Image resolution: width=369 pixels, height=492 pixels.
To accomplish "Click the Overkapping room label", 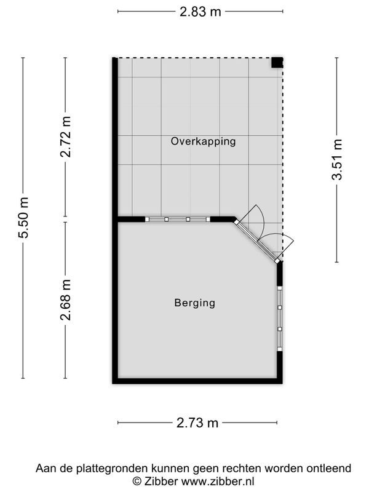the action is [x=203, y=141].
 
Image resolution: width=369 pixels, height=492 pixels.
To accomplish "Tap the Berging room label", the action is [x=195, y=303].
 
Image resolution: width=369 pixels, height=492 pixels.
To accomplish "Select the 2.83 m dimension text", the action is [x=200, y=12].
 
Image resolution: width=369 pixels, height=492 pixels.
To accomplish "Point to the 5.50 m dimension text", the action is [x=23, y=218].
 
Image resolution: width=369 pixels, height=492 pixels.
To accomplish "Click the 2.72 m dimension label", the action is [x=66, y=137].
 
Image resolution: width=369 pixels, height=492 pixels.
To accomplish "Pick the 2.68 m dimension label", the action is [x=66, y=300].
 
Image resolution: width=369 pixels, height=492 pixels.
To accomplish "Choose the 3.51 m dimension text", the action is [x=337, y=159].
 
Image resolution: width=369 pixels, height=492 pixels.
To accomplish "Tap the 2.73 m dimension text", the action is [x=197, y=423].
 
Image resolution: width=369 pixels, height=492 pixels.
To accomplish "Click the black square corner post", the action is [x=277, y=63].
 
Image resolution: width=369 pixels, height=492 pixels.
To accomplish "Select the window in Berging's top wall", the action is [x=178, y=220].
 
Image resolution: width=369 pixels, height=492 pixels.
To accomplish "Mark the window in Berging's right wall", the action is [x=280, y=318].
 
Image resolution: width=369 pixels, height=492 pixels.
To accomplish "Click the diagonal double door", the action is [x=257, y=241].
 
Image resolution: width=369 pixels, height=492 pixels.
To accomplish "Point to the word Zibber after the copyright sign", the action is [x=161, y=481].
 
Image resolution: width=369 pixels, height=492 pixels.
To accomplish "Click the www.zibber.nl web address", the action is [x=218, y=481].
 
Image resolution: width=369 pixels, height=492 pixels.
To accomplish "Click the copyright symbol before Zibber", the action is [x=137, y=482].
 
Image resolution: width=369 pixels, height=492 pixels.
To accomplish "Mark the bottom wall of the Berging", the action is [x=197, y=381].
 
